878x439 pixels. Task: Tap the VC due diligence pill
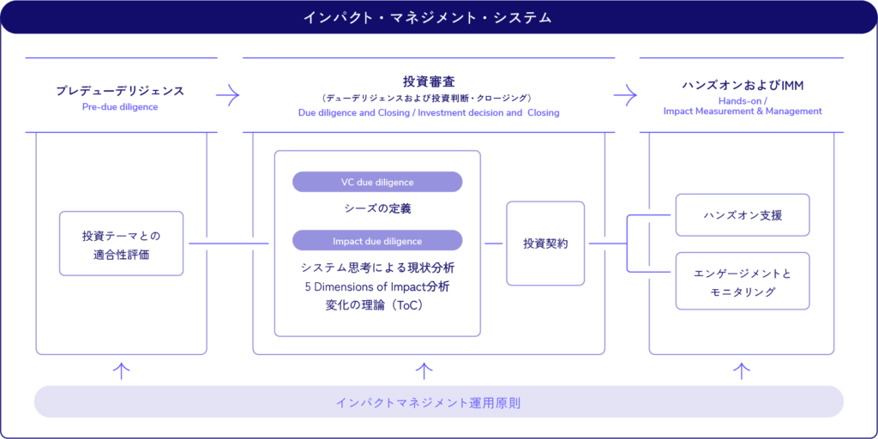377,182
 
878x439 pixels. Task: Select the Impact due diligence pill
377,241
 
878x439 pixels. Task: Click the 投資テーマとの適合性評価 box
121,244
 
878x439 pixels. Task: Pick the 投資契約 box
545,244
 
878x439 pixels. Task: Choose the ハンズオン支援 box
743,215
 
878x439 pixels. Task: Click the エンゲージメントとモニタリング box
743,281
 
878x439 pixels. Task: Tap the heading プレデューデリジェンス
120,90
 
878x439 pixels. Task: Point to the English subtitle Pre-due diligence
120,107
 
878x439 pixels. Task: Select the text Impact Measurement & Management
743,111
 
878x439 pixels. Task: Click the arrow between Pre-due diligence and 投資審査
227,95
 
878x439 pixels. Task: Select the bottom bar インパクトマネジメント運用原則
439,402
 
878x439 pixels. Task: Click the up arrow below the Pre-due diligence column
122,370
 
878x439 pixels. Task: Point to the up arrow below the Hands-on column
743,370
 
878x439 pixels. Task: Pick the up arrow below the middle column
424,370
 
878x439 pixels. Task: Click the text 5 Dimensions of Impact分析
377,286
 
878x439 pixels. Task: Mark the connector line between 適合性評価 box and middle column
227,244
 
